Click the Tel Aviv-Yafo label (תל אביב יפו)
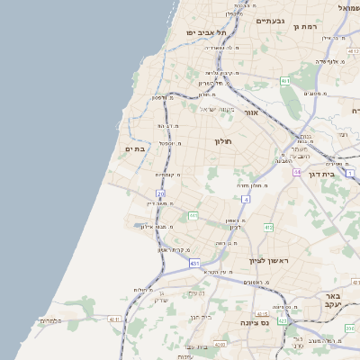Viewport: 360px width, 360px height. click(206, 32)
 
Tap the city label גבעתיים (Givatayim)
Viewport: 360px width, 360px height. click(270, 20)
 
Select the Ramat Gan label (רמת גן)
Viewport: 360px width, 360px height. click(307, 27)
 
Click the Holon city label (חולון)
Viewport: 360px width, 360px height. click(223, 141)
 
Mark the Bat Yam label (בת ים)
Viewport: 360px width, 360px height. click(135, 148)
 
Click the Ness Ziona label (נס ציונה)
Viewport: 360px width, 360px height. click(256, 322)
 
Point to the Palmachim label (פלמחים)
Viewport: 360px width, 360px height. click(49, 320)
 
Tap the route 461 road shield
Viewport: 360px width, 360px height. click(285, 81)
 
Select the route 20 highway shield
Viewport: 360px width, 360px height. click(161, 193)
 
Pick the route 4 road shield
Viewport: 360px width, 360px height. click(245, 198)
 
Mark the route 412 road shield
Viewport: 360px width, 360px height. click(268, 227)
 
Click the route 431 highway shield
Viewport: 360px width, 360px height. click(194, 264)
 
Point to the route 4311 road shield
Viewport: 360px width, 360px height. click(113, 319)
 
